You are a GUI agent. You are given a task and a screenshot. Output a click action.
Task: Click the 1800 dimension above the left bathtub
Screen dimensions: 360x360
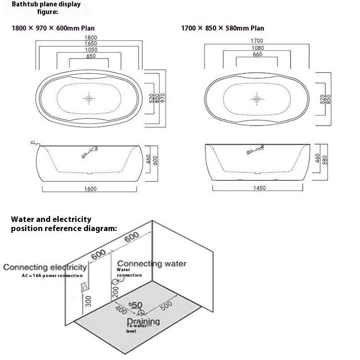[91, 37]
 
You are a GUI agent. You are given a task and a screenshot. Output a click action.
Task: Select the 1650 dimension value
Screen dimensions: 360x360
[91, 43]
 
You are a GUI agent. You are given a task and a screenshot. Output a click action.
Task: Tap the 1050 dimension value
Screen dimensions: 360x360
[91, 50]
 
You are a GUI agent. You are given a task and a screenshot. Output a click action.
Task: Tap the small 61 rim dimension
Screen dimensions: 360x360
[33, 143]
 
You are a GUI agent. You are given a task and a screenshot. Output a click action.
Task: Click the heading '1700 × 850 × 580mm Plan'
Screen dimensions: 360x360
[222, 28]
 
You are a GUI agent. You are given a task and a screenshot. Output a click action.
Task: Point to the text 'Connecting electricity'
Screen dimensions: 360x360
[45, 267]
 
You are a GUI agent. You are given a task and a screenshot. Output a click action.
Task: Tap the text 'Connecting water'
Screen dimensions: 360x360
[152, 263]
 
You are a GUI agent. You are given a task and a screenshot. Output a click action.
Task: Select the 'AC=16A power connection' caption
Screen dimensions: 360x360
[52, 275]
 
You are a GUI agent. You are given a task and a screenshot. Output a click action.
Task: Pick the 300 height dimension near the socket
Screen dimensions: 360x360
[88, 300]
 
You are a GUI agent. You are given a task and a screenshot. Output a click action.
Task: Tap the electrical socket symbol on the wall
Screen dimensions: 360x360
[84, 288]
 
